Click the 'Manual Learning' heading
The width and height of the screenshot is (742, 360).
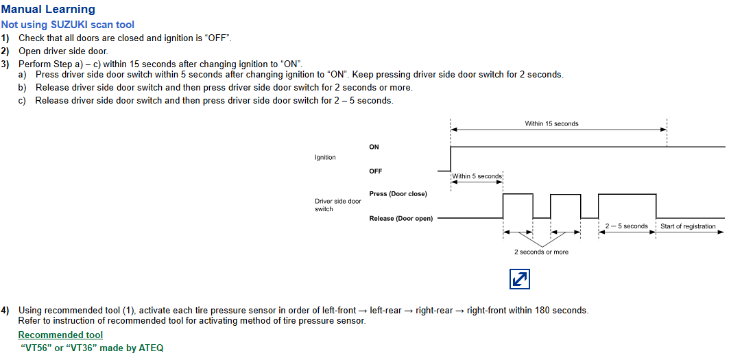click(48, 10)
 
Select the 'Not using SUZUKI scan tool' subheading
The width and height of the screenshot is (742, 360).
click(67, 25)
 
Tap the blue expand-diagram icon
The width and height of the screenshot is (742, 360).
click(519, 279)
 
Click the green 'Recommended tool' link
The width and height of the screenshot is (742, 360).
click(60, 335)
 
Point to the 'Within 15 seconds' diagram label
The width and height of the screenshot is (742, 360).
click(551, 124)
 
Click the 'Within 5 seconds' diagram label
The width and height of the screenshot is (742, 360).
click(477, 176)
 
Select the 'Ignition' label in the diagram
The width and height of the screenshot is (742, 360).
click(325, 158)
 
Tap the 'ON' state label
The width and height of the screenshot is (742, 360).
click(374, 147)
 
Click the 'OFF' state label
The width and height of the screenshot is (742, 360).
click(376, 171)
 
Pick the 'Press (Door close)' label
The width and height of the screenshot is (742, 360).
click(398, 194)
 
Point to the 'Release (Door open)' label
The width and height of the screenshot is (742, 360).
click(400, 219)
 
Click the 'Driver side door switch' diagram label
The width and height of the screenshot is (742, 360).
click(337, 205)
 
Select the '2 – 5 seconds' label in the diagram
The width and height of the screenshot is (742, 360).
click(626, 226)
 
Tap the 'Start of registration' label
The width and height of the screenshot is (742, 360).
click(688, 226)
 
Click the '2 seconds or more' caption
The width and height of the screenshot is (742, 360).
click(541, 252)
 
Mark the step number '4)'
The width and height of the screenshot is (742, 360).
click(5, 311)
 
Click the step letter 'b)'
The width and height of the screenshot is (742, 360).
click(23, 88)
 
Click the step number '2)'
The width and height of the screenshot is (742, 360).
click(5, 51)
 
